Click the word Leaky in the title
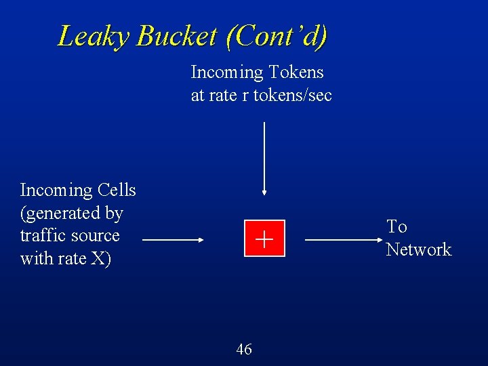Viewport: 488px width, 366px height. (95, 36)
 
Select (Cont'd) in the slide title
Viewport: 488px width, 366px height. (277, 36)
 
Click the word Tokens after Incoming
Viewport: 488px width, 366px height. (296, 72)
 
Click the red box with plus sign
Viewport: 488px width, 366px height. (264, 239)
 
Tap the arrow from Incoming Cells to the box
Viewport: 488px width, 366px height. (174, 240)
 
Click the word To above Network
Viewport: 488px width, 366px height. (396, 227)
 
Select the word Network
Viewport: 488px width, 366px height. (418, 250)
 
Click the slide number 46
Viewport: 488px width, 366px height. (244, 349)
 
